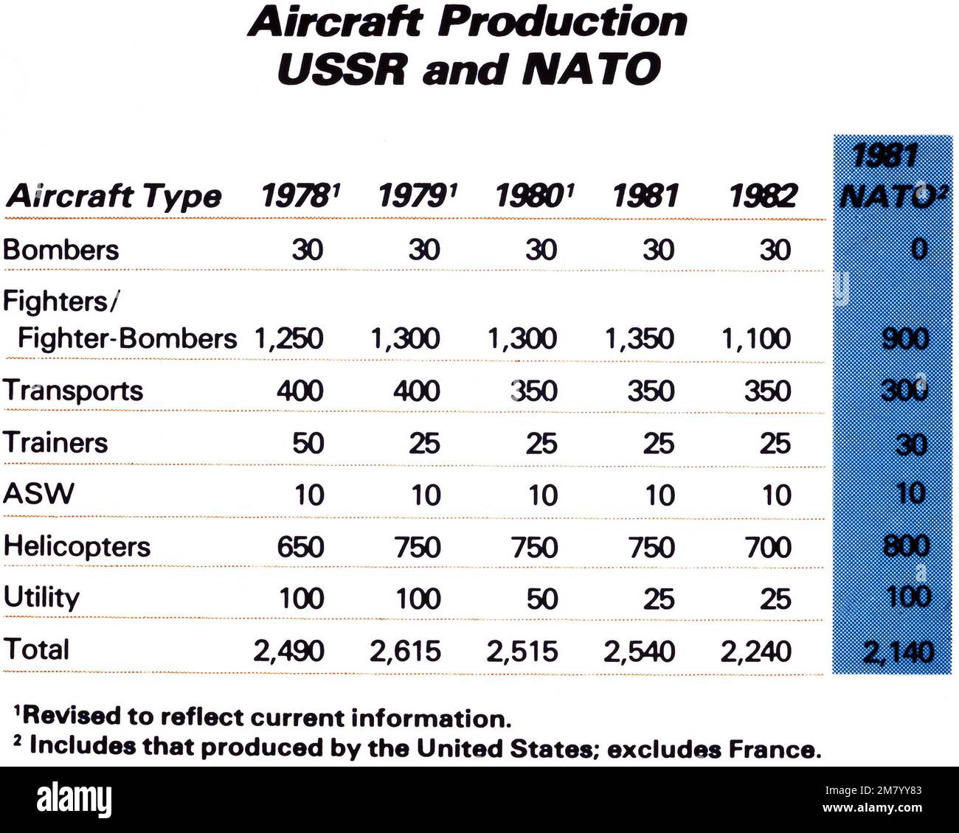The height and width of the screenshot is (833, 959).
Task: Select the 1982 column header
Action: coord(762,197)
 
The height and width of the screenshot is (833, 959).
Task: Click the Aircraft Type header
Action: coord(113,197)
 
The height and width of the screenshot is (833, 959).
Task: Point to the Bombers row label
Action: coord(60,250)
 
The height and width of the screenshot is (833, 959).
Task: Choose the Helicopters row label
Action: coord(77,546)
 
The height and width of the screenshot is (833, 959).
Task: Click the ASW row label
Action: coord(38,493)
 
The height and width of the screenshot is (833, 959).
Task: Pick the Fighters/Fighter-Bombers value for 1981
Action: coord(639,338)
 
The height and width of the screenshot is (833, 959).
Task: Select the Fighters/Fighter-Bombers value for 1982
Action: coord(756,338)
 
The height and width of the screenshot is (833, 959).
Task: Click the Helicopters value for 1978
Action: coord(300,547)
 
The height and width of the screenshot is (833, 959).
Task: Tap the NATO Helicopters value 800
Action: coord(905,547)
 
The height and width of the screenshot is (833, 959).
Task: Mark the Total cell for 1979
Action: coord(406,651)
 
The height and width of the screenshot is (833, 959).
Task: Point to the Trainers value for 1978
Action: coord(308,443)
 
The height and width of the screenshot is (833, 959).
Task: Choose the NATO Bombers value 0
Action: coord(917,250)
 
